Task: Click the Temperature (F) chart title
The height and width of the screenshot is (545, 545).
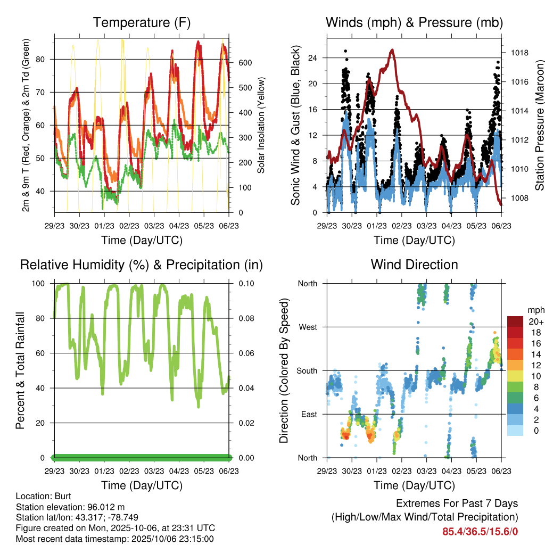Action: (141, 22)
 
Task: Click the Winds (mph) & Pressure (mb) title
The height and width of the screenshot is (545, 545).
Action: (414, 22)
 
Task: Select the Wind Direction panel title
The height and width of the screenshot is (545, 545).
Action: (414, 265)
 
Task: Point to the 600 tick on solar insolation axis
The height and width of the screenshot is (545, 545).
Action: (245, 63)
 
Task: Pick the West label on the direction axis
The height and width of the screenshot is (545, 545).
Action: (308, 327)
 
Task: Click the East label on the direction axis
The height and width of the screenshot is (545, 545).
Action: (308, 414)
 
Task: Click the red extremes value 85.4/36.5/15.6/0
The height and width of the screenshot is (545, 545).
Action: (480, 531)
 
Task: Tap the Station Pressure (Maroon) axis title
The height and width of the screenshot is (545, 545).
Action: (539, 125)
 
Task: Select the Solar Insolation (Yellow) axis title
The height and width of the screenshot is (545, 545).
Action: (261, 126)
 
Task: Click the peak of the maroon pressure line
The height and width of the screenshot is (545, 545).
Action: (392, 50)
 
